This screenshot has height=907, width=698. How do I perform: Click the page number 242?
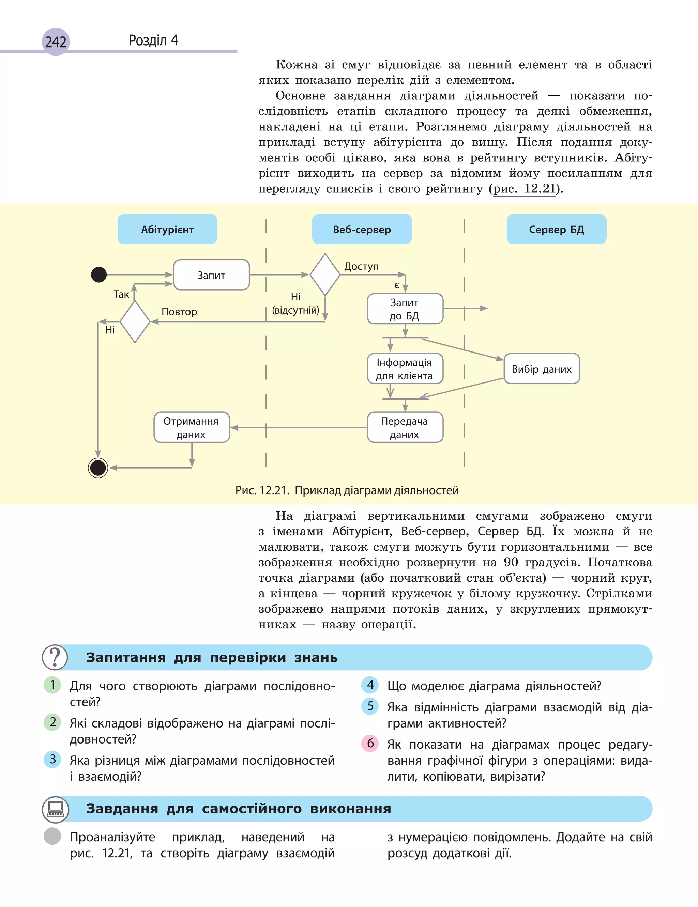tap(56, 42)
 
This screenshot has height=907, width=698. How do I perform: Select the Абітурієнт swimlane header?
tap(167, 229)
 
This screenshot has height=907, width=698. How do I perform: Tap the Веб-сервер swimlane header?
tap(362, 229)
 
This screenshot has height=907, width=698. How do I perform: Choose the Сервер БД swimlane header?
tap(556, 229)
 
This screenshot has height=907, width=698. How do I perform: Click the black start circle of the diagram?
tap(99, 275)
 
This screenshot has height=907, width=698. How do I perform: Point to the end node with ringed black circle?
tap(98, 468)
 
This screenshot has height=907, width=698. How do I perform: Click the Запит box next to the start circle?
tap(211, 275)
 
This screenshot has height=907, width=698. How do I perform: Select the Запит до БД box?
tap(405, 309)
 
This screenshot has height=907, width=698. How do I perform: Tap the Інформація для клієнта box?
tap(405, 369)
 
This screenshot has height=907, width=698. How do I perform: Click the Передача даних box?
tap(405, 427)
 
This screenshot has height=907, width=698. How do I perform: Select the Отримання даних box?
tap(191, 427)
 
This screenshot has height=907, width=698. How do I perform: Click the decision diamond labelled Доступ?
tap(325, 275)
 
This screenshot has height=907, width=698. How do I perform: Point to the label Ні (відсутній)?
tap(295, 303)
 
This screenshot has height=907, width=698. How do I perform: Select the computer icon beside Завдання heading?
tap(55, 808)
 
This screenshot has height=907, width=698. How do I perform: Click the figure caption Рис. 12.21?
tap(347, 490)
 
